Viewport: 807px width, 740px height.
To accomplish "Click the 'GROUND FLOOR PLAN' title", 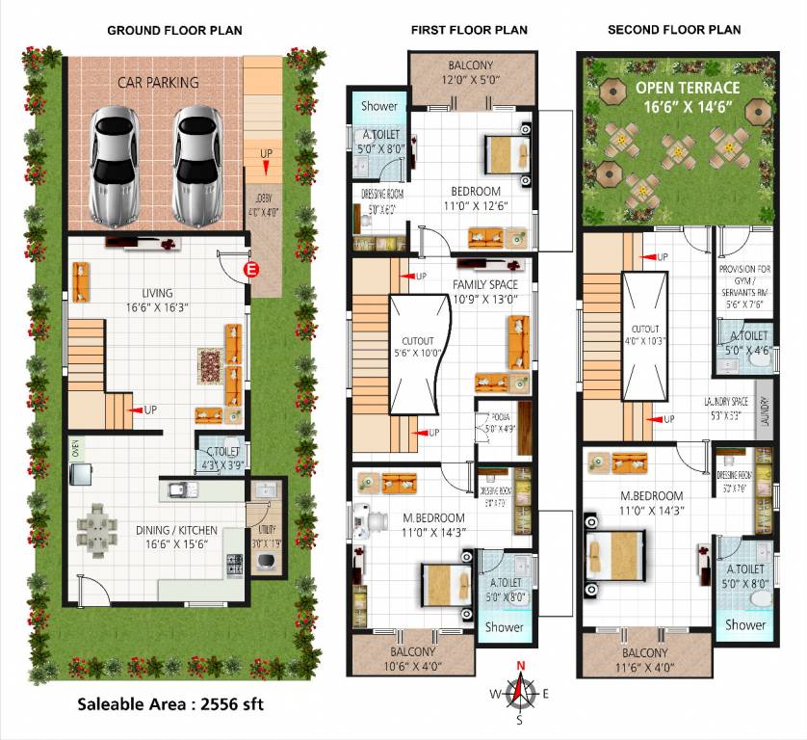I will coord(174,30).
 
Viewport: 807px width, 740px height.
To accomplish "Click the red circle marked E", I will coord(253,270).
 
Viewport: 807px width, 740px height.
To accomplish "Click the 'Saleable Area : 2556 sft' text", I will coord(172,704).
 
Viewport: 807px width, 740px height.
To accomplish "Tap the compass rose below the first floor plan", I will coord(521,691).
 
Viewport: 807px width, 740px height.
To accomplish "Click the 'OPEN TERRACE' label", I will coord(688,88).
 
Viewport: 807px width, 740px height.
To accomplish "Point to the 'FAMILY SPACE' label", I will coord(484,285).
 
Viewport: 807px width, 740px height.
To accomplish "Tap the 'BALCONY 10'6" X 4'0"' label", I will coord(412,656).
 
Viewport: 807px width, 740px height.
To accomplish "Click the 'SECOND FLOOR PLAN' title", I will coord(674,30).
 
